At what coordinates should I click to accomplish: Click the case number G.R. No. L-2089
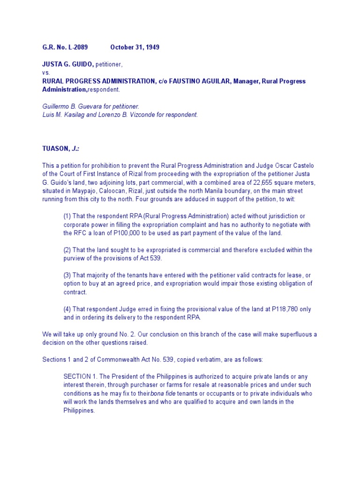65,47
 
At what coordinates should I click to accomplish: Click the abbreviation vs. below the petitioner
45,73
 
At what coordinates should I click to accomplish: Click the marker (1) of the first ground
67,216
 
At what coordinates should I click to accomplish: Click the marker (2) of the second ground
67,250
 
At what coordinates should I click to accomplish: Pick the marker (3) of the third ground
67,275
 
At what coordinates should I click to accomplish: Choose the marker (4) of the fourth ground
67,309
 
